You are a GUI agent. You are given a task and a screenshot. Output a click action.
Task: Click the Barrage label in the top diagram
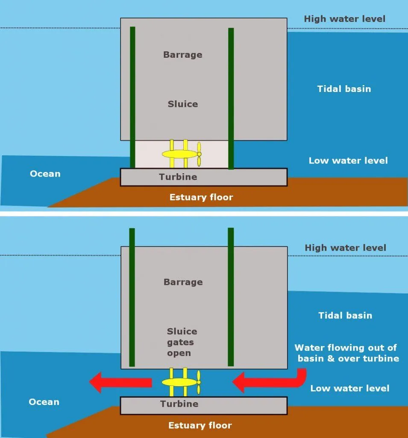182,55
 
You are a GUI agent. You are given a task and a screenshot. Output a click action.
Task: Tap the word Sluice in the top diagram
182,104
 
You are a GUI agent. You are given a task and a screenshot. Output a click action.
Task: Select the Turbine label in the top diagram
178,177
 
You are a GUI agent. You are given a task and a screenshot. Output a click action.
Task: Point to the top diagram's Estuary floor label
201,197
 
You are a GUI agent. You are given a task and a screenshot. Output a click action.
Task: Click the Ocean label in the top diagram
45,174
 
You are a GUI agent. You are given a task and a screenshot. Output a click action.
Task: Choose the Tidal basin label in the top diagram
344,89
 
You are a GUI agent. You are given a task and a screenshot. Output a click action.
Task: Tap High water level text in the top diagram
344,19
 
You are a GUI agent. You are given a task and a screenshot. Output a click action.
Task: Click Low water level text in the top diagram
348,161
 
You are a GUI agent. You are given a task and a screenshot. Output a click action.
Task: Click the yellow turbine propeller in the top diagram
199,154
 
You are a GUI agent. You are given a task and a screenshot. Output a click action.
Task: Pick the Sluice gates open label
182,342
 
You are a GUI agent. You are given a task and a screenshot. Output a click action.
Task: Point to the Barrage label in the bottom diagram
183,282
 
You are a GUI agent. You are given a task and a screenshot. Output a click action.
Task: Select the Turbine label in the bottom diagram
179,404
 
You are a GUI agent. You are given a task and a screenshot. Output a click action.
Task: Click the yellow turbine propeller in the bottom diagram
198,382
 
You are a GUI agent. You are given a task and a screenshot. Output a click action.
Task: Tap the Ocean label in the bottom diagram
44,402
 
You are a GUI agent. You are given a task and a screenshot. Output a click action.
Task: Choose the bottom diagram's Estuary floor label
200,425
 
